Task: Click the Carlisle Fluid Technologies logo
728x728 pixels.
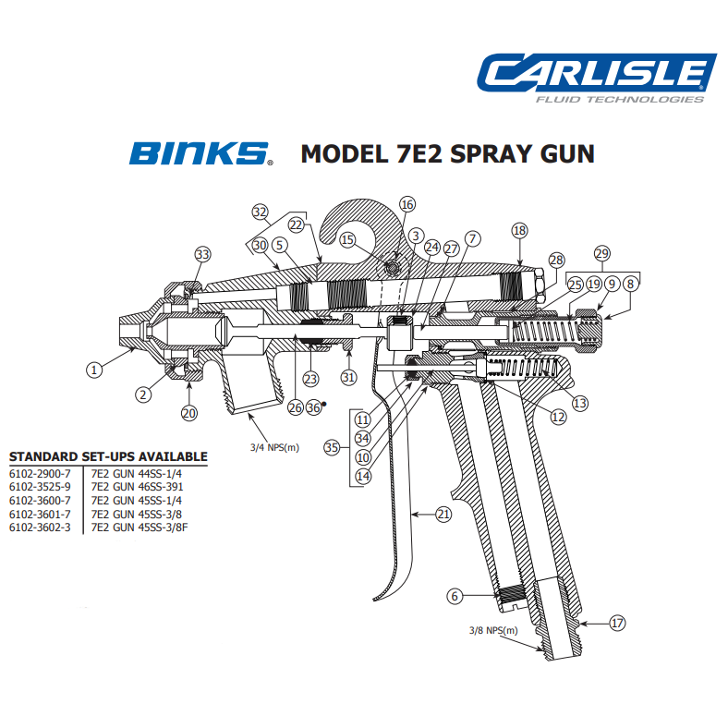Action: (x=596, y=79)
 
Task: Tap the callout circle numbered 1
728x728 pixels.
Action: (x=93, y=370)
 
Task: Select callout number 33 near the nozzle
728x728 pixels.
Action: (x=202, y=255)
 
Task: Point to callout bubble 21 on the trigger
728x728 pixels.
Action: (x=443, y=515)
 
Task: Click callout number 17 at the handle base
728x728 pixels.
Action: (x=617, y=623)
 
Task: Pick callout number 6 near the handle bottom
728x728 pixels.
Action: (x=454, y=597)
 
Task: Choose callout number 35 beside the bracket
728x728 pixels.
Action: (x=332, y=447)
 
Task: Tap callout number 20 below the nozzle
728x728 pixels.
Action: (x=189, y=413)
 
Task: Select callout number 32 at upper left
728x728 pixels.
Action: (x=260, y=212)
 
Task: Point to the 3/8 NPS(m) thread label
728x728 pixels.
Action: (x=494, y=631)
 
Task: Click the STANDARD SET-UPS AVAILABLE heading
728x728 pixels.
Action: (x=108, y=457)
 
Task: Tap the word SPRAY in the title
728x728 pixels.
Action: (x=481, y=152)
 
